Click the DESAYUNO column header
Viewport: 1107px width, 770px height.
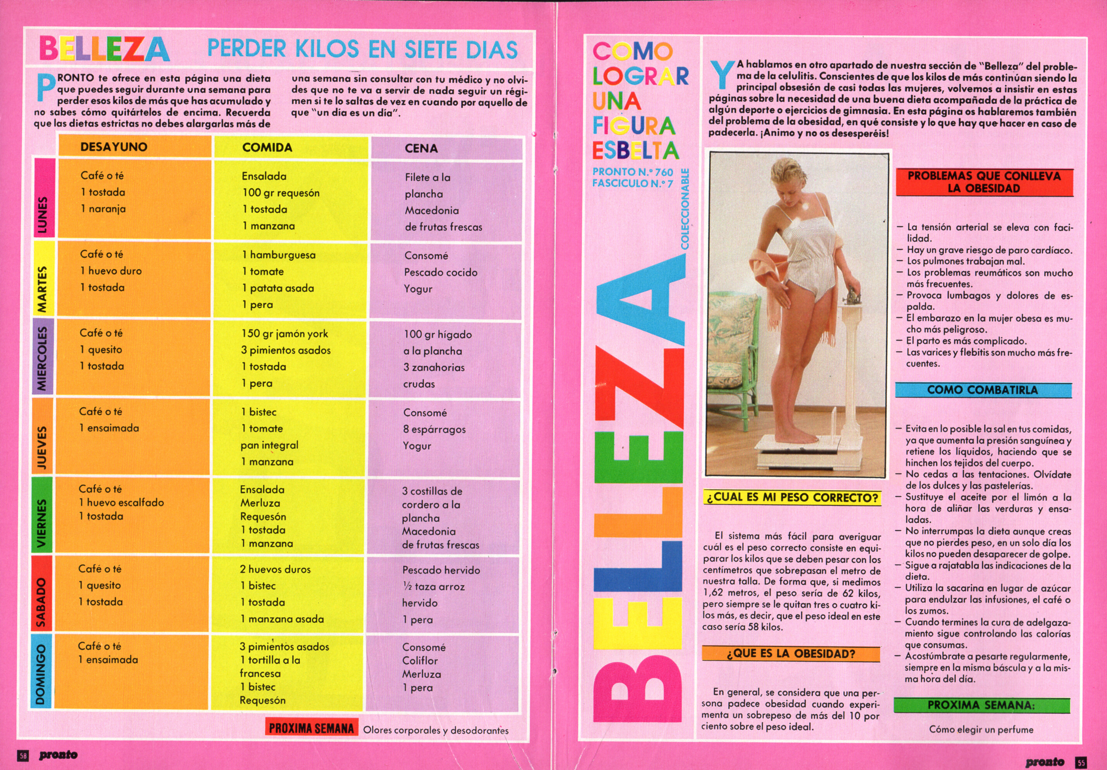[114, 147]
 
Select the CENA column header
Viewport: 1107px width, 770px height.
[421, 148]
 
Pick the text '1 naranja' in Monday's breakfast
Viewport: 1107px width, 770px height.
[103, 209]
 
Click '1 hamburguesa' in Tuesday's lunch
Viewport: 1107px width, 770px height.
[279, 255]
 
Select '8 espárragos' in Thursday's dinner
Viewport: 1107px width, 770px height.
[435, 429]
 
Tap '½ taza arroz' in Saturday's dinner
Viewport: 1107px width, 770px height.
[433, 587]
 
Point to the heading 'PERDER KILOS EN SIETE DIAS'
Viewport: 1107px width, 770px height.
[362, 49]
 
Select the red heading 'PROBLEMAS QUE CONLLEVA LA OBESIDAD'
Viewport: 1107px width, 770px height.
[984, 182]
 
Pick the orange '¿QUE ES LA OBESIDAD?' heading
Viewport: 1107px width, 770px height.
[791, 654]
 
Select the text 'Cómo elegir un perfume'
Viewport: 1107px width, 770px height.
[981, 729]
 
